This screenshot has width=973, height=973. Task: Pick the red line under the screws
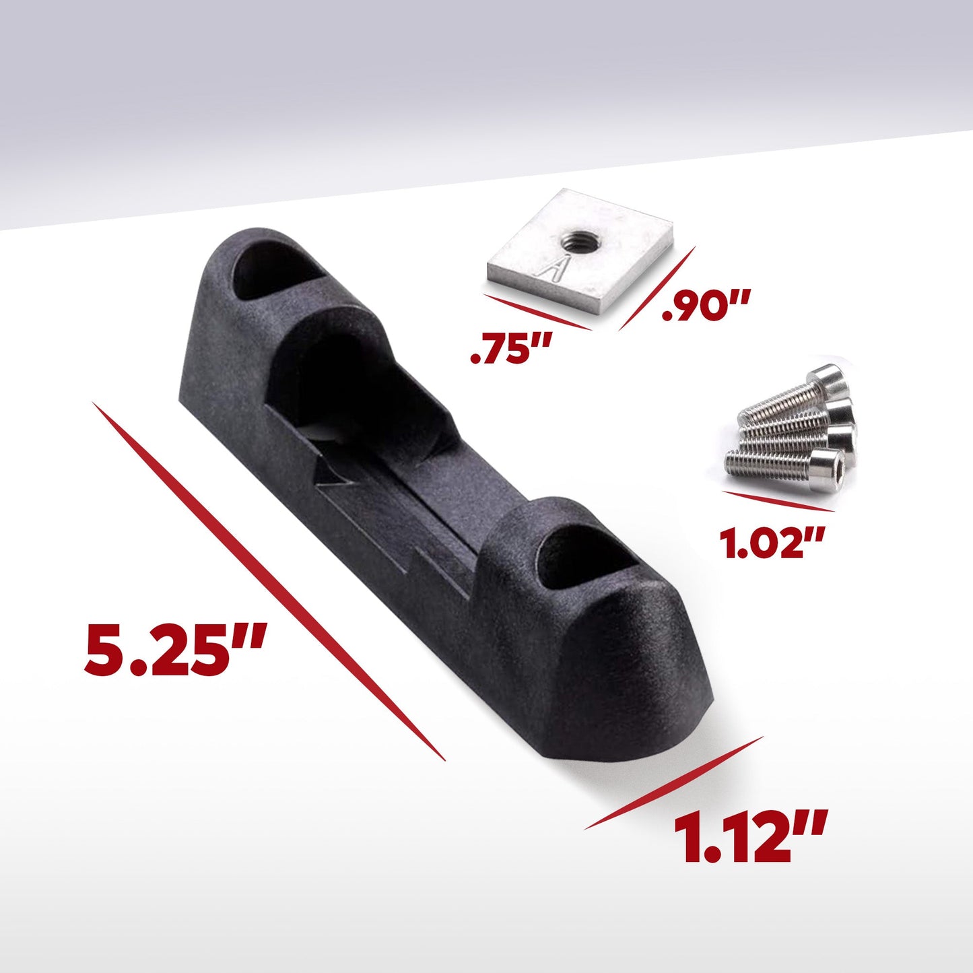[x=778, y=502]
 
